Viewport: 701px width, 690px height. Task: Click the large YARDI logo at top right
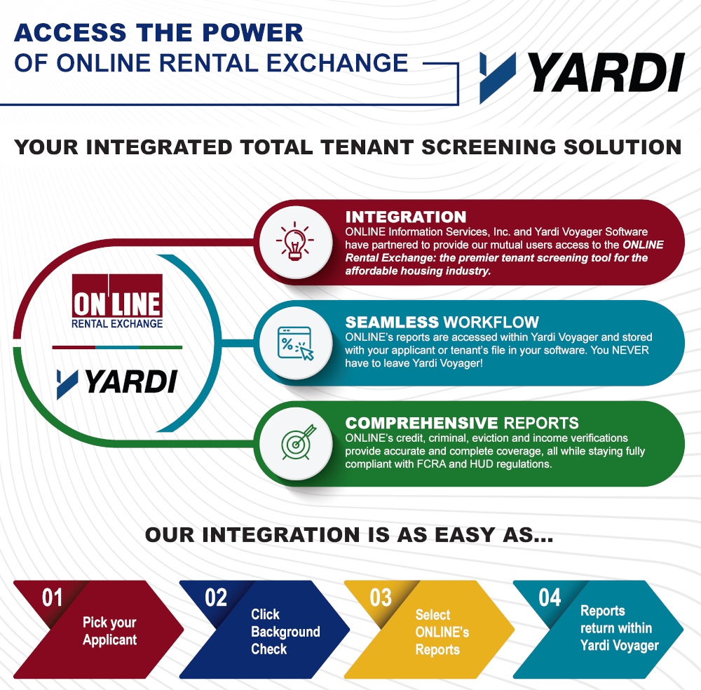coord(582,76)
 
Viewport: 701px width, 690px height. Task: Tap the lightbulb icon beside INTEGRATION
coord(294,241)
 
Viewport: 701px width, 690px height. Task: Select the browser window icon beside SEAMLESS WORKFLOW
coord(296,343)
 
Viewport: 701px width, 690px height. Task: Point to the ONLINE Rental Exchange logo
coord(117,302)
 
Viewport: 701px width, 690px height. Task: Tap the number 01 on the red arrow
coord(53,598)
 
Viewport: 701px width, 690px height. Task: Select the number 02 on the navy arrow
coord(216,598)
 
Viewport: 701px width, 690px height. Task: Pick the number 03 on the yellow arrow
coord(381,598)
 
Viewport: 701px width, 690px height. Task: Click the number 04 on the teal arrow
coord(550,597)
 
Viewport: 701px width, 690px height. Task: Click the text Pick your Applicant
coord(109,631)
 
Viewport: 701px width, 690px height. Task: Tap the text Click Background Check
coord(285,631)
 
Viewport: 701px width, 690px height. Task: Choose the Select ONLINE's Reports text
coord(442,632)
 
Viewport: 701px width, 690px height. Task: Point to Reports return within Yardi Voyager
coord(620,628)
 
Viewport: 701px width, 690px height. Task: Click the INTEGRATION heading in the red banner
coord(405,217)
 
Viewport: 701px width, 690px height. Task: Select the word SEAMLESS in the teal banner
coord(392,322)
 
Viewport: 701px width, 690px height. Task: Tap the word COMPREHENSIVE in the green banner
coord(421,423)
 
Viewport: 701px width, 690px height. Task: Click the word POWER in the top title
coord(252,33)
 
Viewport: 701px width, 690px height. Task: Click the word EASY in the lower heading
coord(465,535)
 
